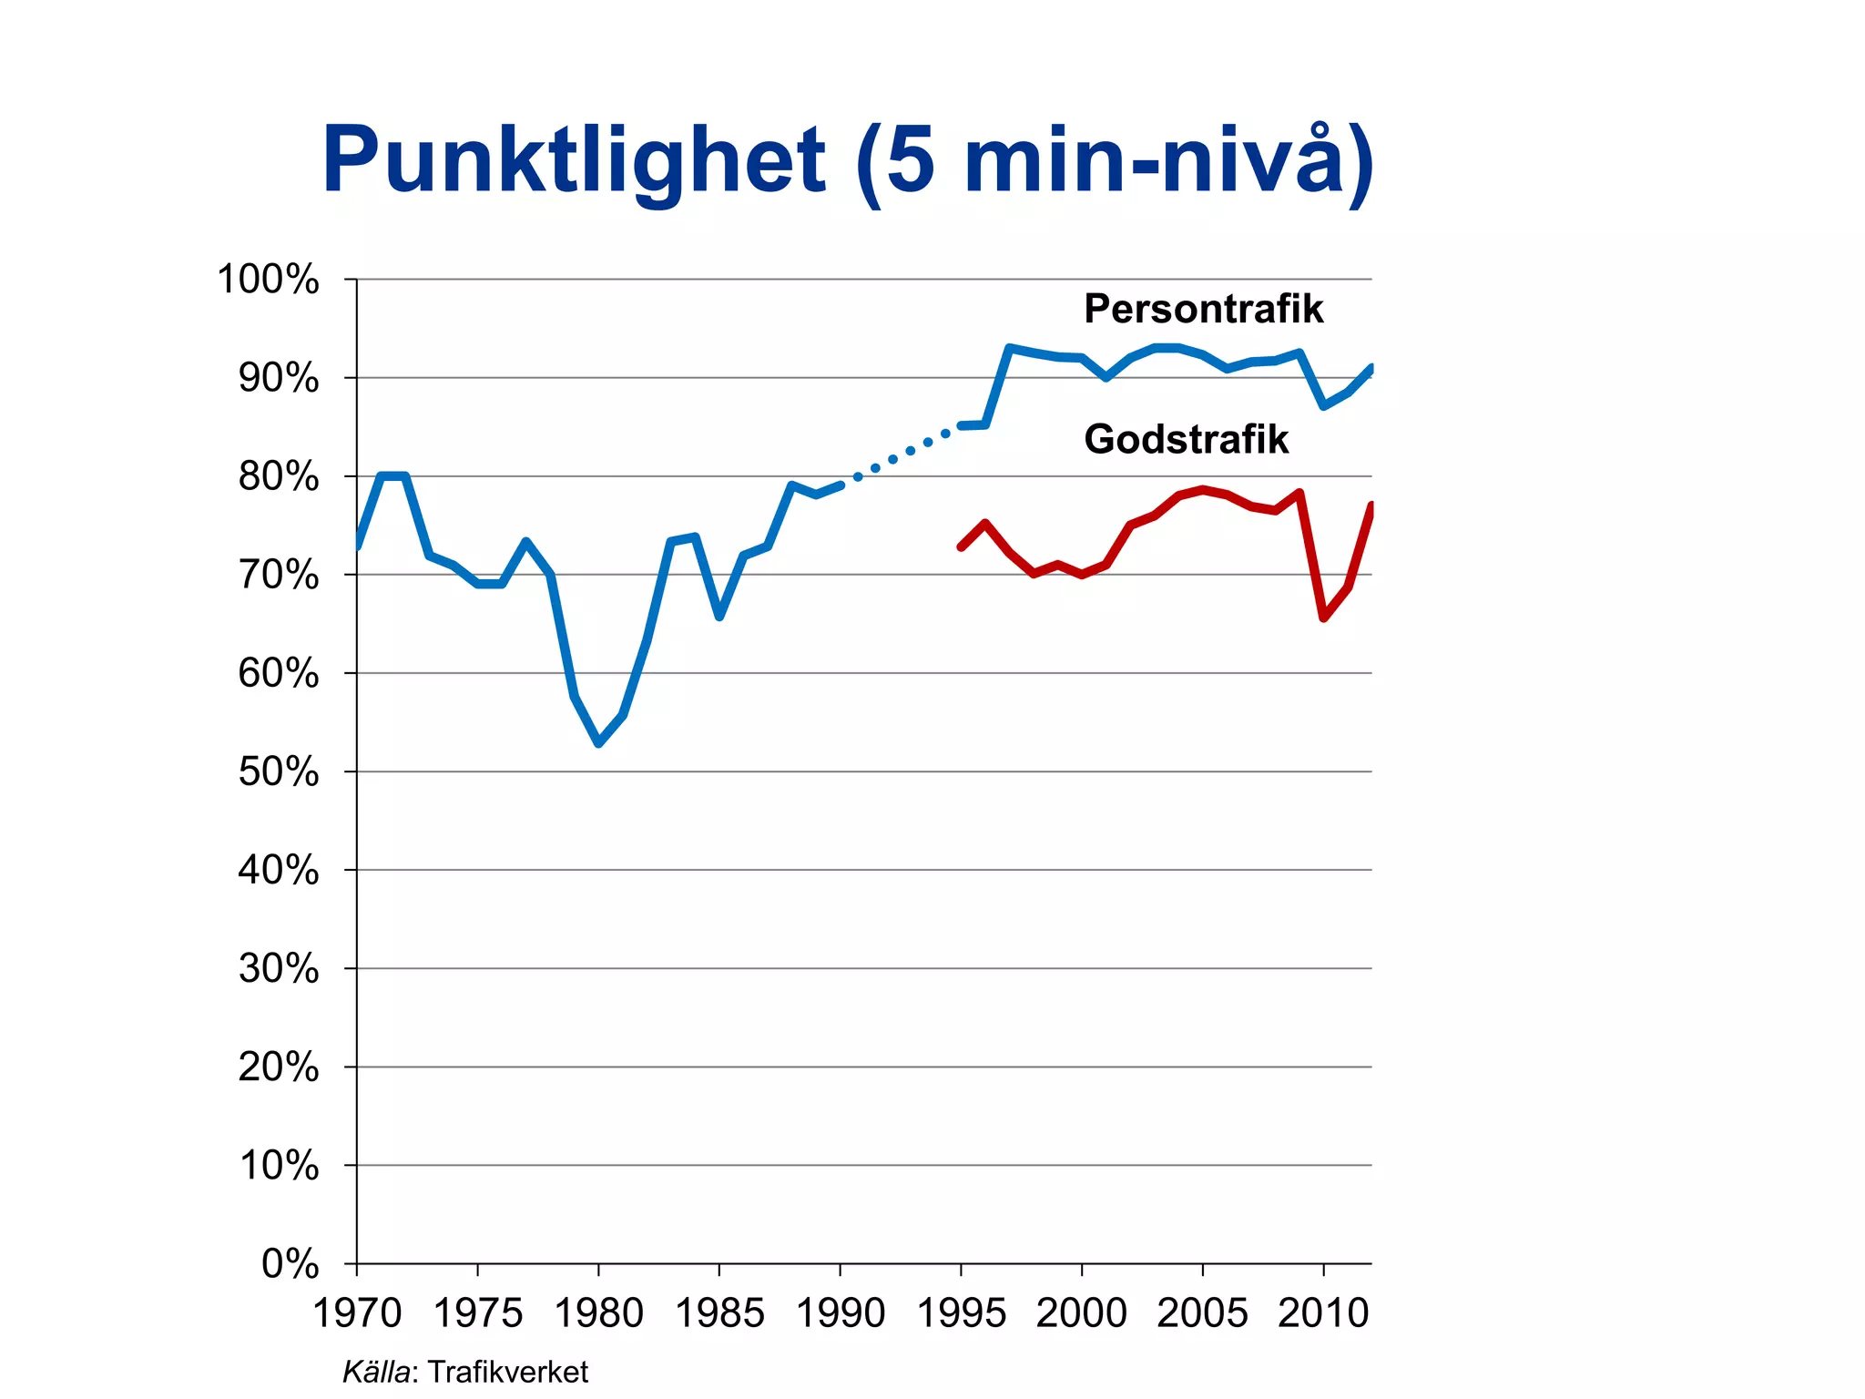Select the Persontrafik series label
[1203, 309]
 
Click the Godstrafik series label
[1186, 439]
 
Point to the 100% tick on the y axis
[268, 280]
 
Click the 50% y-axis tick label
[279, 771]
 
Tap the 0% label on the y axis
[290, 1263]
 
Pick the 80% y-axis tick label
[279, 476]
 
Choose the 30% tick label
[279, 968]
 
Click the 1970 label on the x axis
[357, 1312]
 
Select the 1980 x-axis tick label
[598, 1312]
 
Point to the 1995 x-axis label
[961, 1312]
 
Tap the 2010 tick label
[1323, 1312]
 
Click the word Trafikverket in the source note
[507, 1372]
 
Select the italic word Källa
[376, 1372]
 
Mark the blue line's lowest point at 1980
[598, 743]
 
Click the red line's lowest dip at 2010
[1323, 618]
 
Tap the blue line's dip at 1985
[719, 617]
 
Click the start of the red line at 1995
[961, 546]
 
